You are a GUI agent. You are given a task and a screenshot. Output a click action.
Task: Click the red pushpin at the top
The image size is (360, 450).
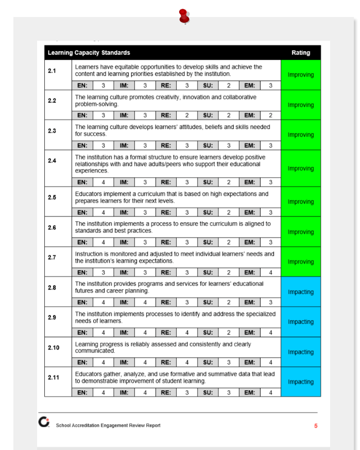(x=184, y=15)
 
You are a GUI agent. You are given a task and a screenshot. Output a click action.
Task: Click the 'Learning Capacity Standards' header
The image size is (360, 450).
(x=89, y=53)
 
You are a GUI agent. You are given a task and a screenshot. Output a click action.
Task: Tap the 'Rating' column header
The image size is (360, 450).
(x=301, y=53)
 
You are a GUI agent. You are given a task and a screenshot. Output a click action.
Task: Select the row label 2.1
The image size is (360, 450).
(x=52, y=71)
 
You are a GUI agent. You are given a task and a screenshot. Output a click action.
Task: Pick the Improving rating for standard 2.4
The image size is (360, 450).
(x=301, y=169)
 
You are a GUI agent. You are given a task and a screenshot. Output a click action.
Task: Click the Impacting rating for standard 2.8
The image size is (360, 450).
(x=301, y=292)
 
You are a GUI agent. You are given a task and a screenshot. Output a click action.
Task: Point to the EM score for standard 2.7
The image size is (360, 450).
(x=270, y=272)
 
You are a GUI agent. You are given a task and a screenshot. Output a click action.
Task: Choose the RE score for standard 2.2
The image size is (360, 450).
(x=187, y=115)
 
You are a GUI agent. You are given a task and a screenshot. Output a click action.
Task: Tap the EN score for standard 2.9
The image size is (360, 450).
(x=104, y=332)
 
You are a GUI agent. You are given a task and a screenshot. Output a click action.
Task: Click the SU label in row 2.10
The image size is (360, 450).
(x=208, y=362)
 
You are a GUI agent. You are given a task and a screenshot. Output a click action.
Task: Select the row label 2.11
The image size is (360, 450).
(x=54, y=377)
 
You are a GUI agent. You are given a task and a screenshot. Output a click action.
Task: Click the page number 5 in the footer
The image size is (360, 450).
(x=316, y=426)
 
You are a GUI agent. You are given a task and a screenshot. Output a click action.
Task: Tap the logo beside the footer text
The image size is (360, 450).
(x=44, y=422)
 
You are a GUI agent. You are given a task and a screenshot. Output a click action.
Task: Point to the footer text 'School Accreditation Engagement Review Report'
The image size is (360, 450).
(x=108, y=426)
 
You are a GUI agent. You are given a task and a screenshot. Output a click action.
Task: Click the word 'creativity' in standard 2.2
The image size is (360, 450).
(x=156, y=97)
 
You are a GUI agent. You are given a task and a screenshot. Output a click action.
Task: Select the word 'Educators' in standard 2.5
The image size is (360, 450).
(x=88, y=194)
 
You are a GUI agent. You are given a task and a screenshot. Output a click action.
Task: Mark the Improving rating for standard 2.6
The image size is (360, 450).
(x=301, y=232)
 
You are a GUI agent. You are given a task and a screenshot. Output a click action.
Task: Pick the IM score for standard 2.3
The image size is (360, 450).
(x=145, y=145)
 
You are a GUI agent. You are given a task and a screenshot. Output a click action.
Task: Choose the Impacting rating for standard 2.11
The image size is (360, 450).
(x=301, y=382)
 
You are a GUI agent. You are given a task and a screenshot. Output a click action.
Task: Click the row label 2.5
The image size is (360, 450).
(x=52, y=197)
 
